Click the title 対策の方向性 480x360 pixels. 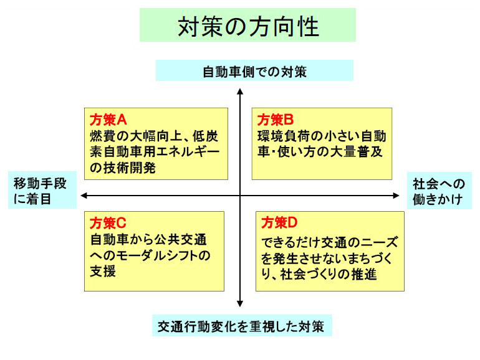tap(248, 27)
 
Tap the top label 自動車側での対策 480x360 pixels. tap(255, 72)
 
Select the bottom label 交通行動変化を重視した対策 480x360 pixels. tap(241, 326)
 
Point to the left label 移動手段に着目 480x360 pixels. tap(40, 191)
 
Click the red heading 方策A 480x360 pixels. tap(108, 120)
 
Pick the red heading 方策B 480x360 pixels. tap(275, 120)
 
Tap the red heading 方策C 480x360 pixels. tap(108, 223)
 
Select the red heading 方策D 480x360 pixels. tap(279, 223)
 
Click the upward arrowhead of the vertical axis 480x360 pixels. tap(240, 91)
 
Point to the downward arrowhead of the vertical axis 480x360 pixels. tap(240, 303)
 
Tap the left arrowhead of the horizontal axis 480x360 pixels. tap(84, 196)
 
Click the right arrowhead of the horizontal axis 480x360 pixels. tap(396, 196)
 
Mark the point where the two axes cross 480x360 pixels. tap(240, 196)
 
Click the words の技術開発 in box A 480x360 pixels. tap(123, 168)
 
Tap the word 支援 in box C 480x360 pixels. tap(103, 271)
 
